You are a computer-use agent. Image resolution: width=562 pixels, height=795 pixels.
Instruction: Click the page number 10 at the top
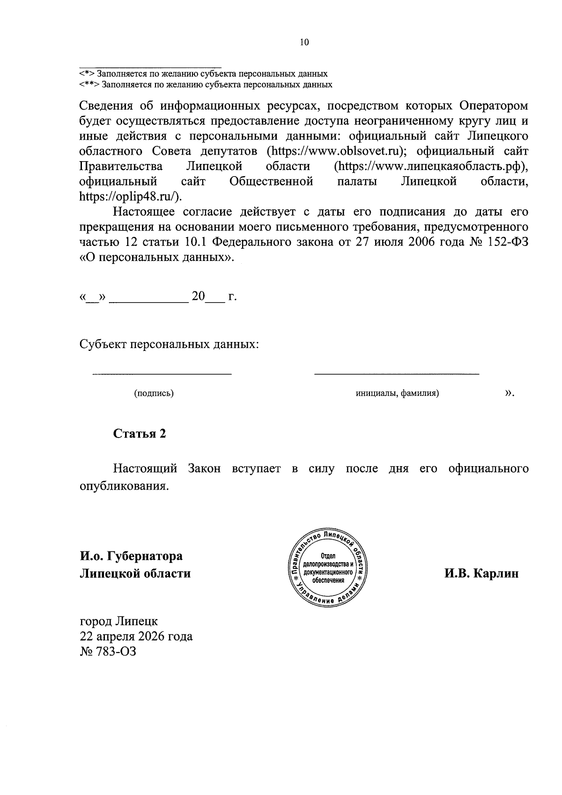click(x=304, y=43)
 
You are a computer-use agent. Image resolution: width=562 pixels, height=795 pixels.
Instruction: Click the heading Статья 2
click(x=140, y=433)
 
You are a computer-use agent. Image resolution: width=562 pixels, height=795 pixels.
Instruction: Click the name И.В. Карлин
click(x=481, y=573)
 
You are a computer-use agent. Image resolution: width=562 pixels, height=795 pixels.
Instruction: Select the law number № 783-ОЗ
click(x=108, y=651)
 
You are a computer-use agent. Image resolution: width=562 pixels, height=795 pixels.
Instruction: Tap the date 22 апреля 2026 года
click(x=136, y=636)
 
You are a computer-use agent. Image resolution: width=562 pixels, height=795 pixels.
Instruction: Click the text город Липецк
click(x=119, y=621)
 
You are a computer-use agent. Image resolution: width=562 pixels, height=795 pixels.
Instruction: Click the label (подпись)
click(x=154, y=394)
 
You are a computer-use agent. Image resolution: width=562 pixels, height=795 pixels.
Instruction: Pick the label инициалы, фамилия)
click(x=397, y=394)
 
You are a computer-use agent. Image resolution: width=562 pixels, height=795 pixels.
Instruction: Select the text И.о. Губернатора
click(x=131, y=556)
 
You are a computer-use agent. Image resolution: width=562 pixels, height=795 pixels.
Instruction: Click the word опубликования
click(x=124, y=486)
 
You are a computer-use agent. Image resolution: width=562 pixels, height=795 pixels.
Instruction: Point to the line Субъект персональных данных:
click(x=169, y=345)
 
